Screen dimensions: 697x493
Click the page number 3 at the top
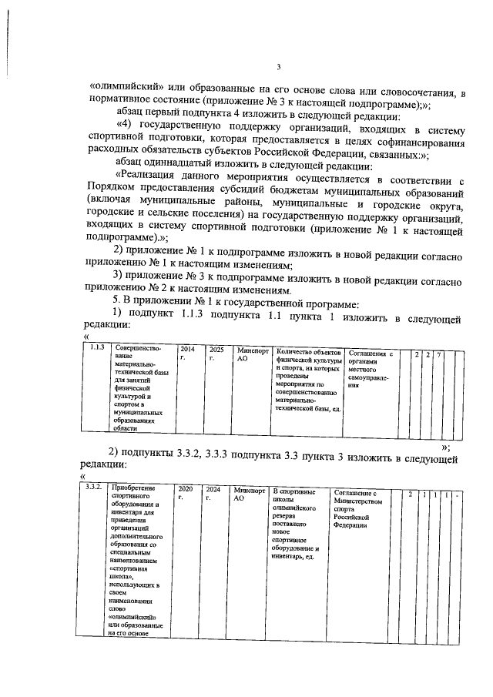(280, 67)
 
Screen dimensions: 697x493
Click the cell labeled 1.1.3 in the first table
(97, 349)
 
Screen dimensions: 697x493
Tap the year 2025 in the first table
(216, 349)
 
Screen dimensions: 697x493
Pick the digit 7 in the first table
(438, 354)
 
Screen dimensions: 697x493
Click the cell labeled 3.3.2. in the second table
(95, 489)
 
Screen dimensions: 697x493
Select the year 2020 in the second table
(185, 489)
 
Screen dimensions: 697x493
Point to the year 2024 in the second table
(213, 489)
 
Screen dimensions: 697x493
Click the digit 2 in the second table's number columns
(411, 494)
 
